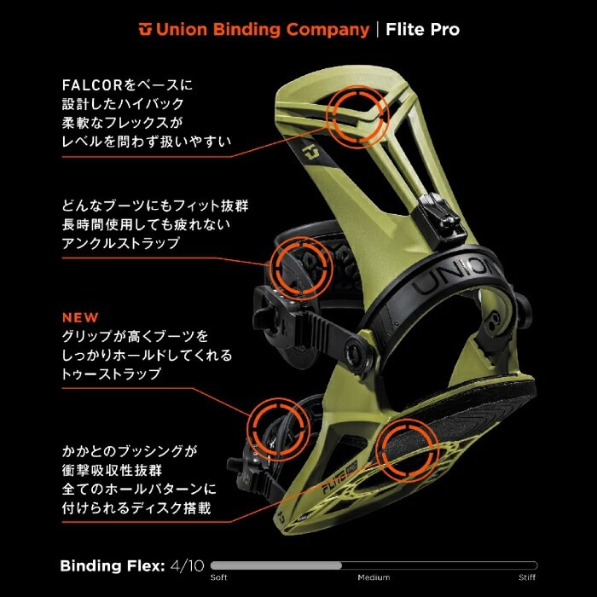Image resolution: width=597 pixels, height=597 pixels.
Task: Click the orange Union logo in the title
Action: (x=145, y=30)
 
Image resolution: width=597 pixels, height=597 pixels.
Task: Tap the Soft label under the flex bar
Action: (x=219, y=577)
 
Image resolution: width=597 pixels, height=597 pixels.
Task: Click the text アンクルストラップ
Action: (x=120, y=243)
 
